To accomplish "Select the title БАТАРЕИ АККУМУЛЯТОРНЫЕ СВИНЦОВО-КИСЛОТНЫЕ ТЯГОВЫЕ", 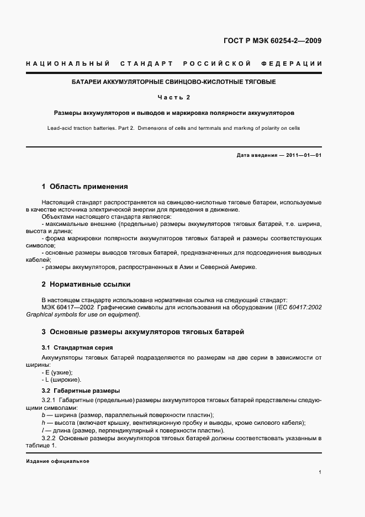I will pyautogui.click(x=174, y=82).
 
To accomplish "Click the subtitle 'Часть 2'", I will pyautogui.click(x=174, y=97).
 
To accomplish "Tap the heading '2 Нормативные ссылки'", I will pyautogui.click(x=86, y=284).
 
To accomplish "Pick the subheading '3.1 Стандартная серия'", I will pyautogui.click(x=77, y=347).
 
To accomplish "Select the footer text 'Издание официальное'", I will pyautogui.click(x=57, y=461).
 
